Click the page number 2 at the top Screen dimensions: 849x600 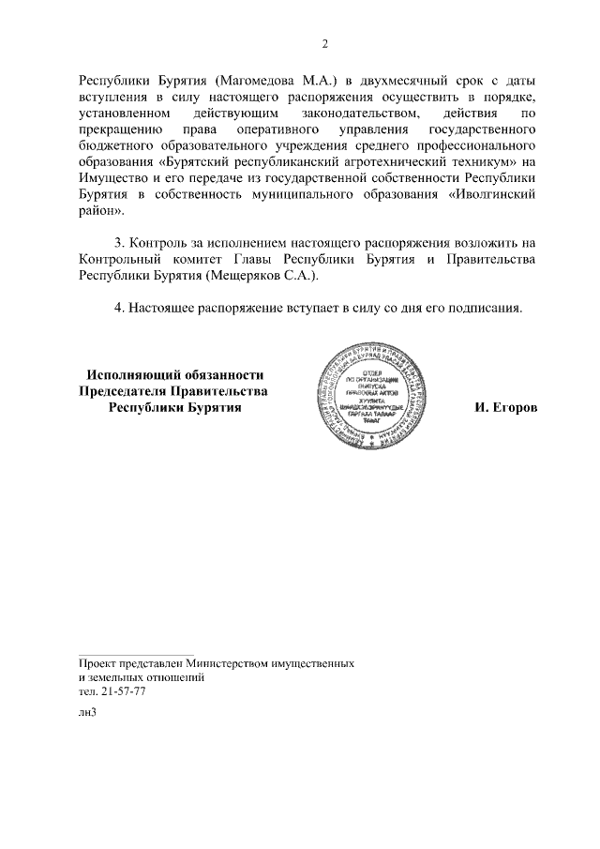coord(324,44)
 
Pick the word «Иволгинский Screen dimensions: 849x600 coord(494,192)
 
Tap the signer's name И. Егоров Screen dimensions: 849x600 coord(506,408)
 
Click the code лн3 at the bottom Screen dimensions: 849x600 coord(87,712)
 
